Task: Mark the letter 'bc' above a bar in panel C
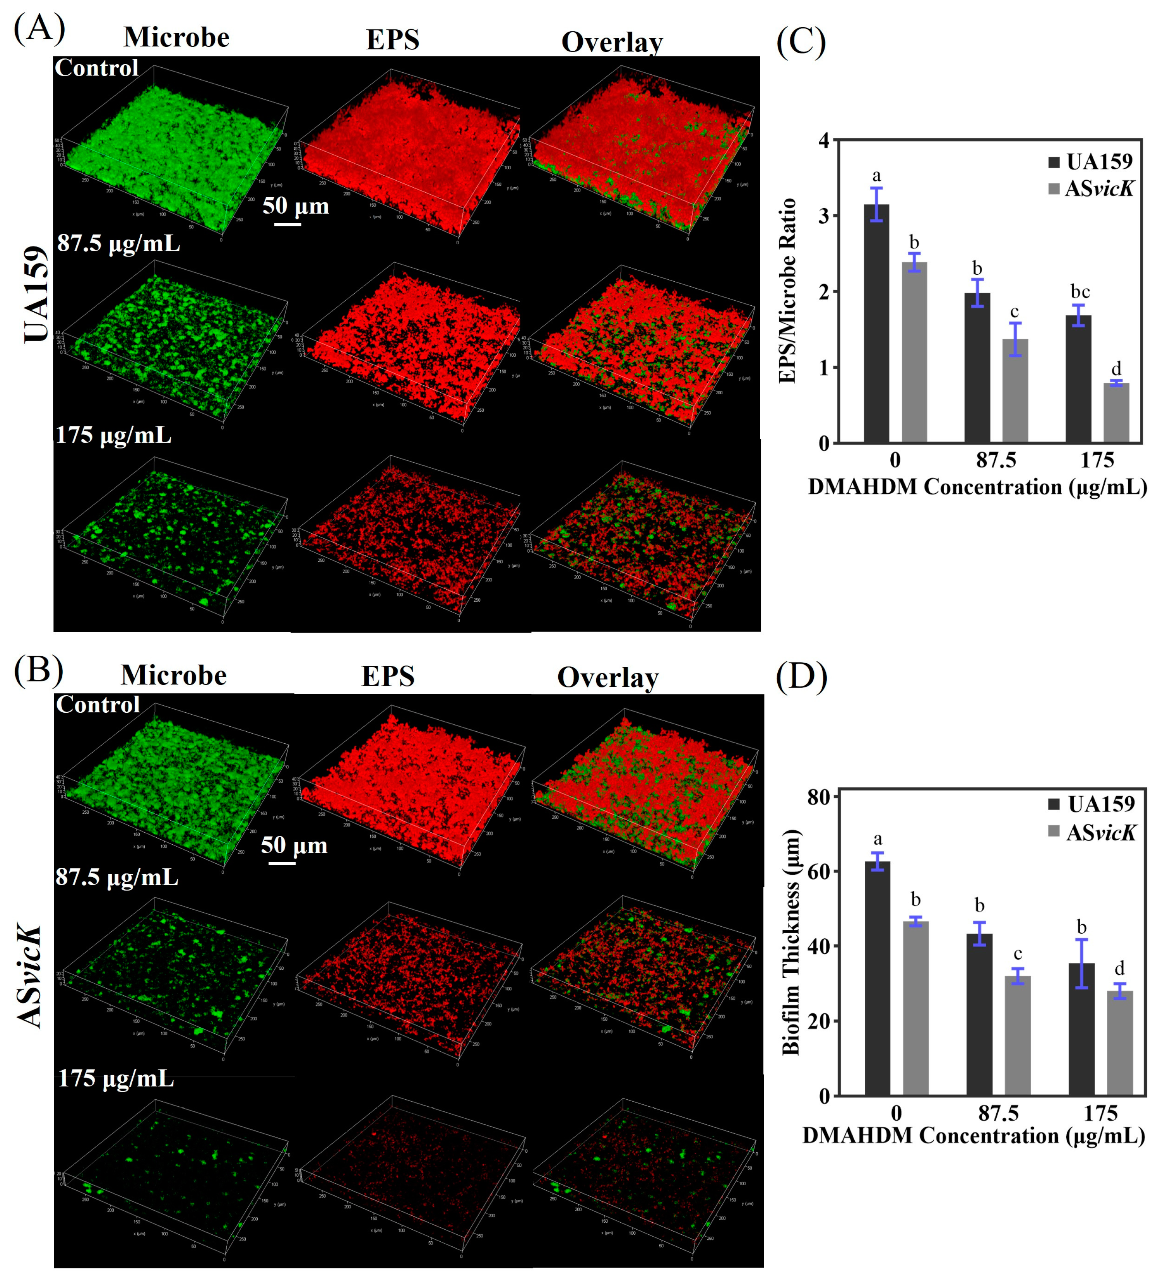pos(1080,292)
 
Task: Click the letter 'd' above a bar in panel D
pos(1119,968)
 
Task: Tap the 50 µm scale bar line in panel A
pos(287,224)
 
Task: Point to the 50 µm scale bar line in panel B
pos(282,863)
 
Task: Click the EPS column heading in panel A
pos(392,39)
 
